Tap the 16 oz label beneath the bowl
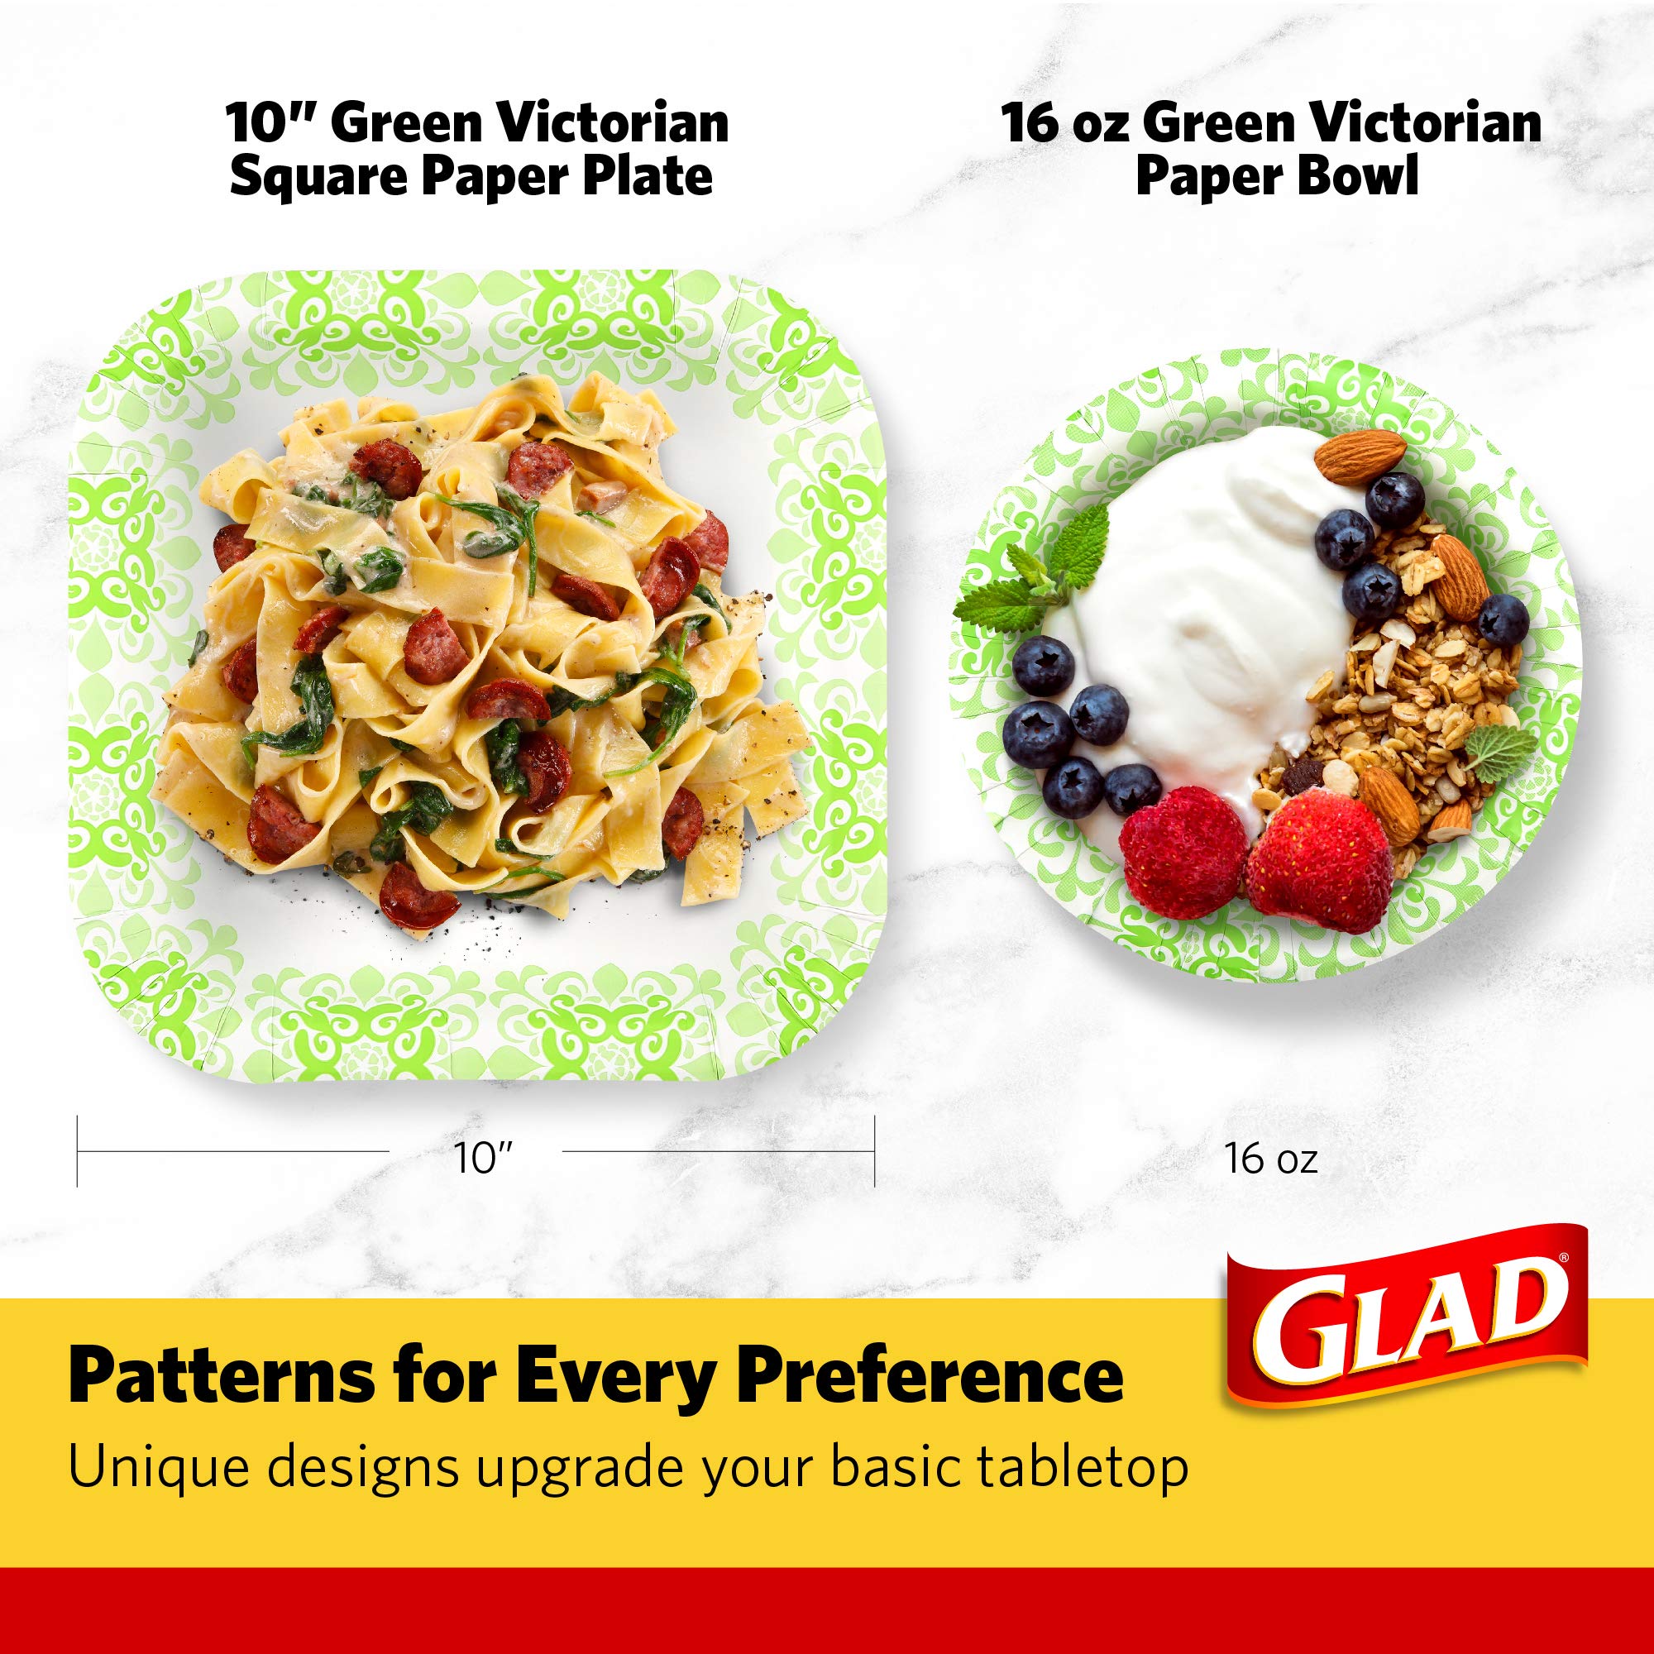(1269, 1159)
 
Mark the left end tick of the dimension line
(78, 1150)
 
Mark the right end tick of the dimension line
(874, 1150)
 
